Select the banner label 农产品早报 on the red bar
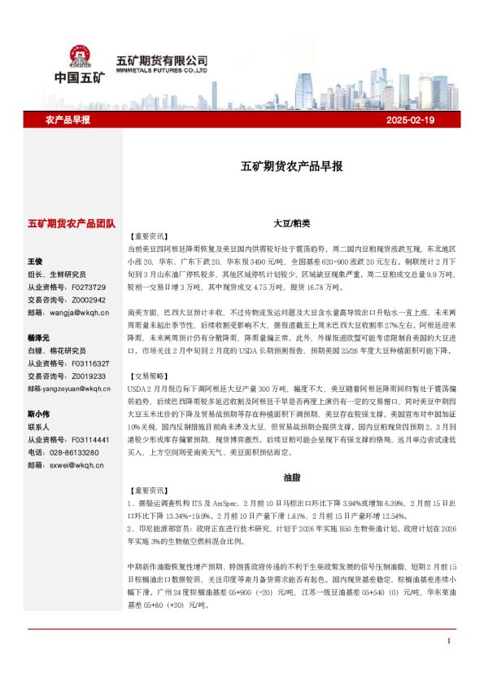pyautogui.click(x=68, y=120)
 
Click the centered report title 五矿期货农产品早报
pyautogui.click(x=292, y=166)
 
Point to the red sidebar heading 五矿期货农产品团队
pyautogui.click(x=72, y=223)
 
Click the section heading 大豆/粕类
pyautogui.click(x=292, y=222)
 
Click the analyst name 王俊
pyautogui.click(x=35, y=262)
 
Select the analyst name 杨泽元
pyautogui.click(x=38, y=337)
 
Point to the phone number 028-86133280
pyautogui.click(x=74, y=451)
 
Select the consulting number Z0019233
pyautogui.click(x=89, y=376)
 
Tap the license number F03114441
pyautogui.click(x=91, y=439)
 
